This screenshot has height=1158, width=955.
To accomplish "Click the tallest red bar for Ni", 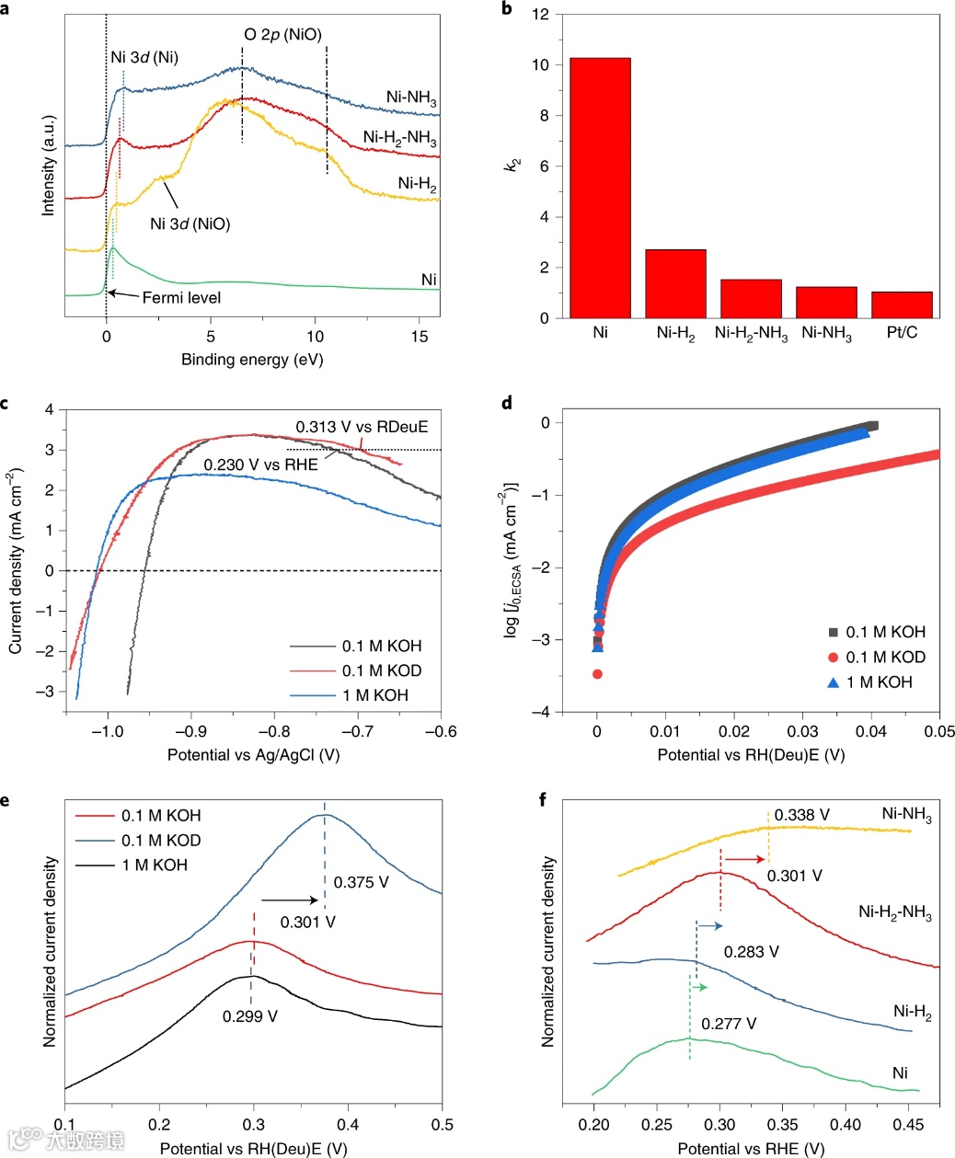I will point(600,188).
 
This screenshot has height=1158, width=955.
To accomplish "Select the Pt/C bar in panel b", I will point(902,304).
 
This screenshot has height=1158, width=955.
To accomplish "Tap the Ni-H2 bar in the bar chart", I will point(675,283).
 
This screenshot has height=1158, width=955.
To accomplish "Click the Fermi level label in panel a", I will point(181,297).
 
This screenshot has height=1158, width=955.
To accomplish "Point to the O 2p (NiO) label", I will point(282,35).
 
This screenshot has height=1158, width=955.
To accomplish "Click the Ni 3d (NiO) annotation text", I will point(190,224).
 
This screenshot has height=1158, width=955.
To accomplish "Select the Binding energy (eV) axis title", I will point(252,359).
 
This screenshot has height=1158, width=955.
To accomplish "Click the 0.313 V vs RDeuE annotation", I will point(362,427).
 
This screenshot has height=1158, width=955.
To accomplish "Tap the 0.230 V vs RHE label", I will point(260,464).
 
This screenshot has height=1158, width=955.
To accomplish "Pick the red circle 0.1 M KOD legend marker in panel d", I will point(833,657).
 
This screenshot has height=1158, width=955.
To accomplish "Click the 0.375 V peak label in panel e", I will point(361,882).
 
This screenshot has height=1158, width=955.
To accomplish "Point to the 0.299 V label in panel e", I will point(249,1016).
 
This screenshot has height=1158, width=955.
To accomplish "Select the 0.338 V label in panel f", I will point(801,815).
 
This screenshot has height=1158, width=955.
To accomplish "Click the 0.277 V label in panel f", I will point(729,1024).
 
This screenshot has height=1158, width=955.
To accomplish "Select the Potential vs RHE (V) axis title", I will point(751,1148).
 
